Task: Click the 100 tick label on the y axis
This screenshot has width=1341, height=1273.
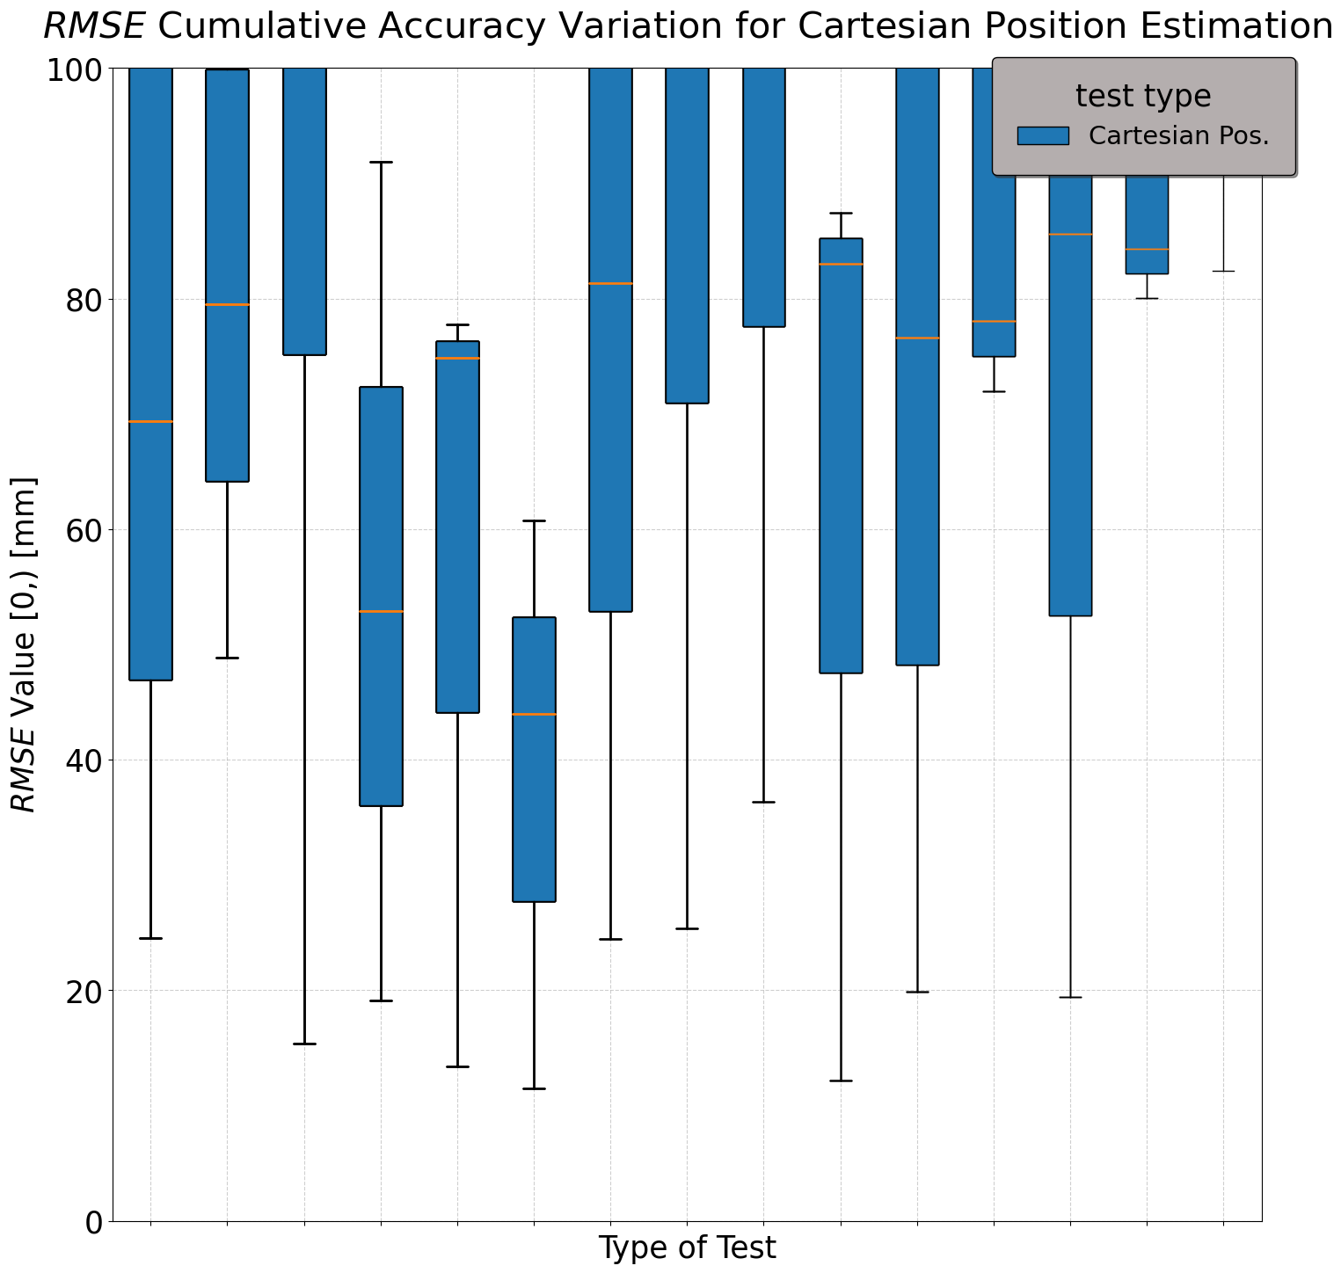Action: click(77, 69)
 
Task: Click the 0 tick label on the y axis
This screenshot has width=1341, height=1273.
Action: click(95, 1221)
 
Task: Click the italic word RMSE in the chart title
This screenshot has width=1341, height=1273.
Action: click(93, 27)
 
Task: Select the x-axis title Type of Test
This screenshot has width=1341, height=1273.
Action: click(687, 1248)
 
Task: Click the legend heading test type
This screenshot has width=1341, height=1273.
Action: click(1143, 96)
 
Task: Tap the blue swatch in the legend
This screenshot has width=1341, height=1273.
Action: click(1042, 135)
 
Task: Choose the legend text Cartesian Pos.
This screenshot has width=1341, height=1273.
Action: click(1178, 136)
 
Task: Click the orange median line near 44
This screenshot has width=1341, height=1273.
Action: click(534, 715)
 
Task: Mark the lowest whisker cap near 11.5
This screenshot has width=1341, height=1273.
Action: click(534, 1088)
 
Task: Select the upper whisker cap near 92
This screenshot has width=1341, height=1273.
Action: click(381, 163)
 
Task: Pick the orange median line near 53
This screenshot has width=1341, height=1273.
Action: click(381, 611)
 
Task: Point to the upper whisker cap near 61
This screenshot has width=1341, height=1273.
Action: click(534, 520)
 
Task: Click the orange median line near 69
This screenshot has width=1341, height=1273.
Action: click(150, 422)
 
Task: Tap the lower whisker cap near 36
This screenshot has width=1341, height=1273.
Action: click(763, 802)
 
